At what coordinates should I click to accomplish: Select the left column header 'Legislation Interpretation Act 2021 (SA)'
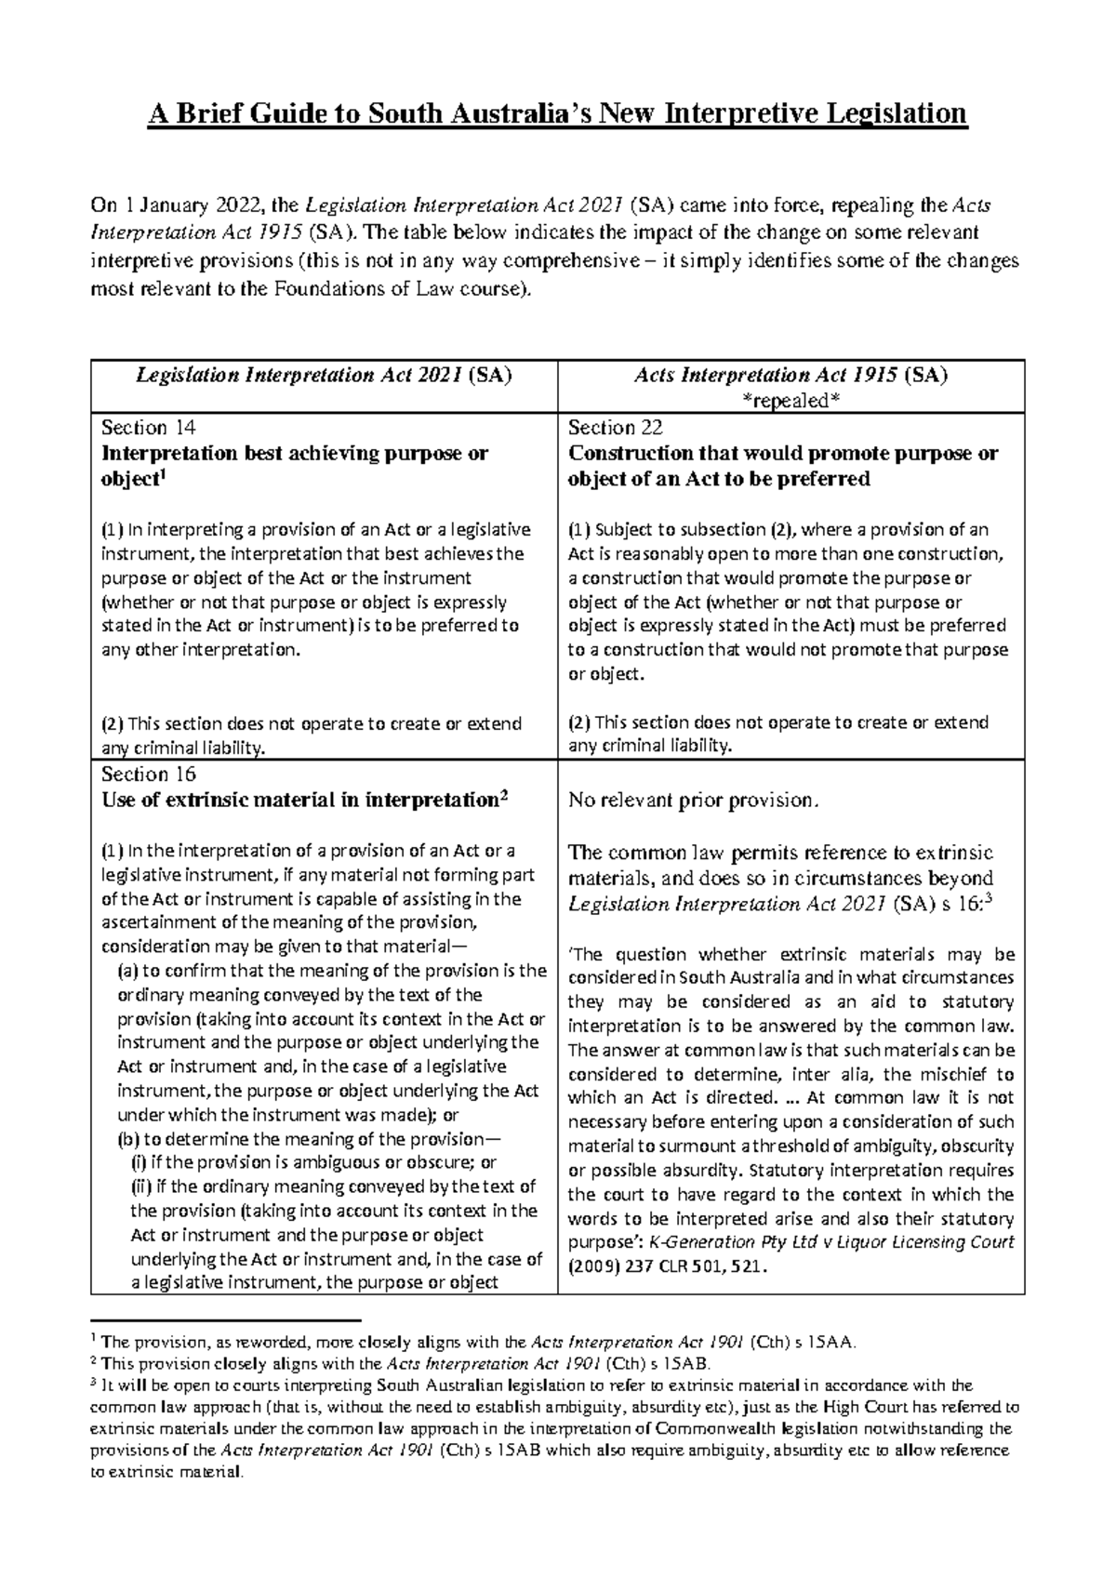pos(324,376)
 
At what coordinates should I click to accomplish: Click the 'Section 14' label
pos(149,428)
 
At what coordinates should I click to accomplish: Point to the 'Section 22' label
pos(616,428)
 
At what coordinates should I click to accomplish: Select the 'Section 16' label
pos(149,775)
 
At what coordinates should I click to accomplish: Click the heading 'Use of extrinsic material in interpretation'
pos(298,800)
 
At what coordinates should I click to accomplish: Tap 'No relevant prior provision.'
pos(694,801)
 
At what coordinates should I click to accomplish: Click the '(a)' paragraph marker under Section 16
pos(127,971)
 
